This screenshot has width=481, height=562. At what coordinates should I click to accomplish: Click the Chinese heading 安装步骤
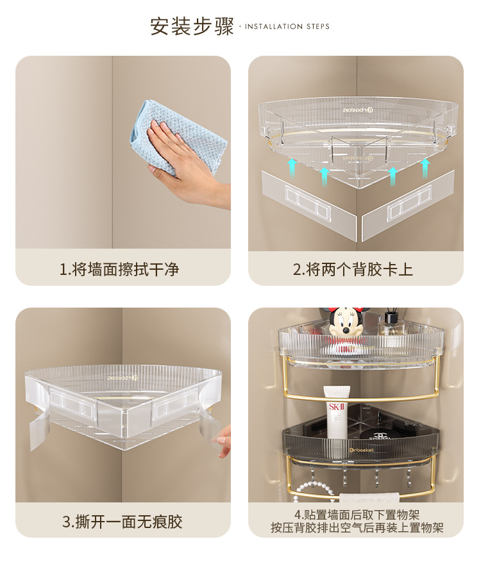point(192,26)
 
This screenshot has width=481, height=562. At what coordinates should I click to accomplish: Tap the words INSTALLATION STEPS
point(287,26)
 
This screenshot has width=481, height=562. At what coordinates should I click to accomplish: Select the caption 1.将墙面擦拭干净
point(119,269)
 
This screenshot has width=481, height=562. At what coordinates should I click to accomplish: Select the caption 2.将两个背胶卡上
point(353,269)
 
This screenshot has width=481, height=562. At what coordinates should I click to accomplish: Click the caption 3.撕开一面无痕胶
point(122,522)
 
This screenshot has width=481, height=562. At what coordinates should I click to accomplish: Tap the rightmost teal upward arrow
point(425,168)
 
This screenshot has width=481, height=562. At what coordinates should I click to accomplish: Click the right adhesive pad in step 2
point(407,204)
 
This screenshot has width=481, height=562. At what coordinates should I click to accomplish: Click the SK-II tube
point(337,411)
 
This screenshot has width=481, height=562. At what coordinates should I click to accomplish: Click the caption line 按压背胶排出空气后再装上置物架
point(357,527)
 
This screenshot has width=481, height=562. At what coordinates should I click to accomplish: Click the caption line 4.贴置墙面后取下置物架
point(357,515)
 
